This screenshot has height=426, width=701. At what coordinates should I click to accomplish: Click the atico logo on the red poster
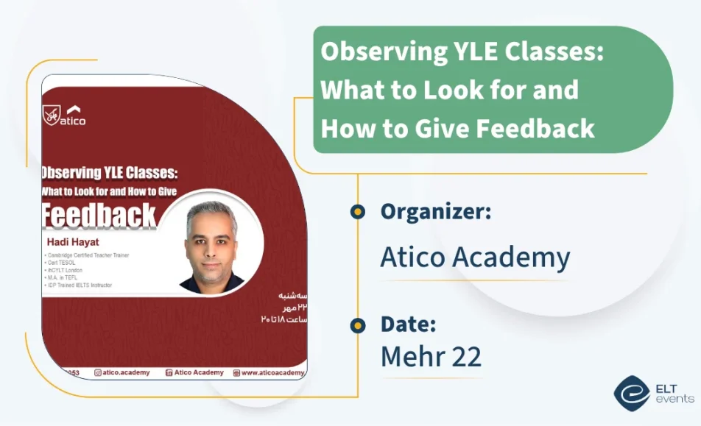65,116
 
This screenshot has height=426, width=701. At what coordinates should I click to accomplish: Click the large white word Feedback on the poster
99,216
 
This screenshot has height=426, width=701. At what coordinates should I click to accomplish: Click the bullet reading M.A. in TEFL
63,277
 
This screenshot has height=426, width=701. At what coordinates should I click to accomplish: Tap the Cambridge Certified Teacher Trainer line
87,255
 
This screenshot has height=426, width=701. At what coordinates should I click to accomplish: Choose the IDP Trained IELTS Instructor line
79,285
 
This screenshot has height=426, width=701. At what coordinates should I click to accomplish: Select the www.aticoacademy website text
272,373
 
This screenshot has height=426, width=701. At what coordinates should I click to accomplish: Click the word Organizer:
436,212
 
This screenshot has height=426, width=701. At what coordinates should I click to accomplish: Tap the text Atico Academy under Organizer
475,257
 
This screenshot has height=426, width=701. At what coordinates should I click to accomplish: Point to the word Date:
408,324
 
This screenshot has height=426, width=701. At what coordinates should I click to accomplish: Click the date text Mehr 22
431,357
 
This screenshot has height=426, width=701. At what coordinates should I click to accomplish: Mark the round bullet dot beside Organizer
358,212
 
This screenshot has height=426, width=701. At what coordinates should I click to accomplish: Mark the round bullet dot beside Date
358,324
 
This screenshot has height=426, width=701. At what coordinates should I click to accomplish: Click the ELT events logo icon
631,393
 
